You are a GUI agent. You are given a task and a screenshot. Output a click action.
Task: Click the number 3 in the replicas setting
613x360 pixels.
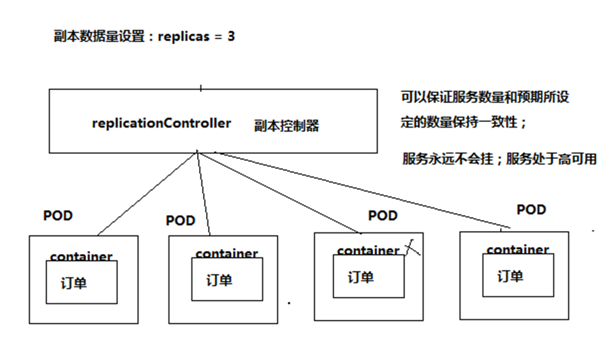point(230,36)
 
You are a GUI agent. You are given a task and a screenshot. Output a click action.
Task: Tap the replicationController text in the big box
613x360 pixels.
point(161,123)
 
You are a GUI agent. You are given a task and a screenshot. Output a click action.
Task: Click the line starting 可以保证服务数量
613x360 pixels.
point(484,97)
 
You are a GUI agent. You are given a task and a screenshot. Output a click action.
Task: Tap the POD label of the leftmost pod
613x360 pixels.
point(58,216)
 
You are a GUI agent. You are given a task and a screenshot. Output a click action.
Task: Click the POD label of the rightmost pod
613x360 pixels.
point(531,209)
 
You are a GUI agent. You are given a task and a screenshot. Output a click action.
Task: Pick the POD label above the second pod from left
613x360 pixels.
point(181,221)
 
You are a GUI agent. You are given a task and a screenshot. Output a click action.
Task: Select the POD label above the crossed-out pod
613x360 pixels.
point(383,216)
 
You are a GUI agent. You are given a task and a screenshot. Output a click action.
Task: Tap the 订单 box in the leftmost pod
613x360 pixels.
point(81,281)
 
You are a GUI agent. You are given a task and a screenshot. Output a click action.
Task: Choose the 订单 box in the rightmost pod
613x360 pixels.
point(518,275)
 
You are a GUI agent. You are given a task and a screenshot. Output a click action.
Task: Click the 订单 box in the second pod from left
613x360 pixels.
point(226,280)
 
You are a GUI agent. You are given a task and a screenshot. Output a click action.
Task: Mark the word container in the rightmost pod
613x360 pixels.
point(517,250)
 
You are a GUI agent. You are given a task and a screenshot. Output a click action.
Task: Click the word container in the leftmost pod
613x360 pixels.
point(81,257)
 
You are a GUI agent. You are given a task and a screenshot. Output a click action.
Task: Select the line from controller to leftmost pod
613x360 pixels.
point(147,193)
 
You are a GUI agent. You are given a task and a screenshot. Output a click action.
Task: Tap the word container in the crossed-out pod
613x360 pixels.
point(367,251)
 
